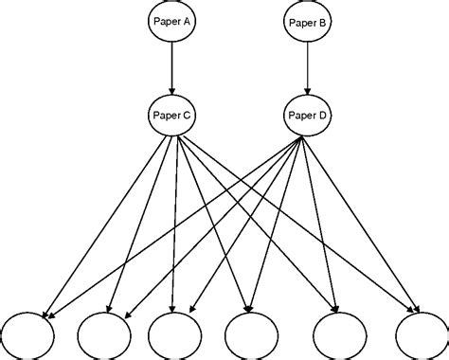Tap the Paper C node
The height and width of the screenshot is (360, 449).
click(x=171, y=115)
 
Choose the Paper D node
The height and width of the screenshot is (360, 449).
click(x=306, y=115)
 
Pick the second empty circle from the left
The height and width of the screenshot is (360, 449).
click(x=105, y=335)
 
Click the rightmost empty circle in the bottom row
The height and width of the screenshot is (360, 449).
click(x=422, y=335)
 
